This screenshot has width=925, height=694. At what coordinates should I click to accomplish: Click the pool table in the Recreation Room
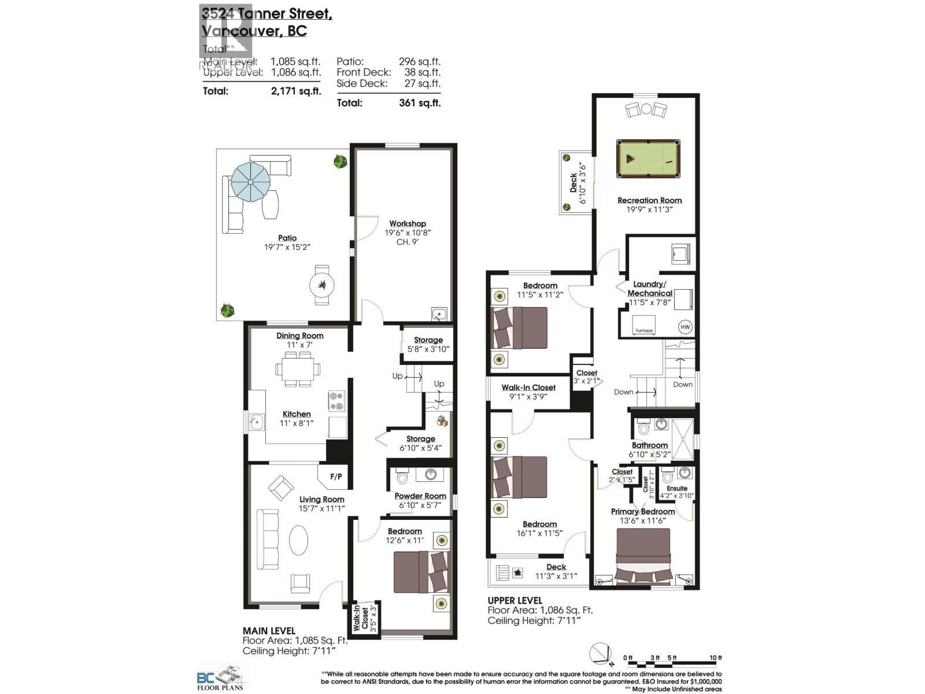coord(648,159)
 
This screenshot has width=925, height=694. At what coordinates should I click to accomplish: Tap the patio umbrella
coord(250,182)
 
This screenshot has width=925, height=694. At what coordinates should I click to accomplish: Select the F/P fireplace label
coord(336,477)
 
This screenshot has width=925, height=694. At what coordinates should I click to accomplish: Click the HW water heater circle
coord(685,327)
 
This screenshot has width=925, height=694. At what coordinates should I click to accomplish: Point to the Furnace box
coord(644,325)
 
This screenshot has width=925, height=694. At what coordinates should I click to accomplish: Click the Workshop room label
coord(408,224)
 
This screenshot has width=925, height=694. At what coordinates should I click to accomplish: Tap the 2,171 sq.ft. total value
coord(295,91)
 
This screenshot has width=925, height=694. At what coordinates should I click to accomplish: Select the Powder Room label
coord(420,496)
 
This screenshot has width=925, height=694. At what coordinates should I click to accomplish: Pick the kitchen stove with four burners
coord(337,401)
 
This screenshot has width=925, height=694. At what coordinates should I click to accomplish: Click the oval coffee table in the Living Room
coord(298,540)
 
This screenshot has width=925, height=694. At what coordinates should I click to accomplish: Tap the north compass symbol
coord(601,655)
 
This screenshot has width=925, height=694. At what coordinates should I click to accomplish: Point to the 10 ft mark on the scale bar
coord(716,658)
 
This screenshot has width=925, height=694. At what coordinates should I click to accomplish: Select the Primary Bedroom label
coord(643,512)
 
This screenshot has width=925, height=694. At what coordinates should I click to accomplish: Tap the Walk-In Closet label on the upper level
coord(528,388)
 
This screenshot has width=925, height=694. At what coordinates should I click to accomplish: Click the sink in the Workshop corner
coord(439,314)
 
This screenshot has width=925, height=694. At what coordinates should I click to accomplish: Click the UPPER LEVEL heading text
coord(515,600)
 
